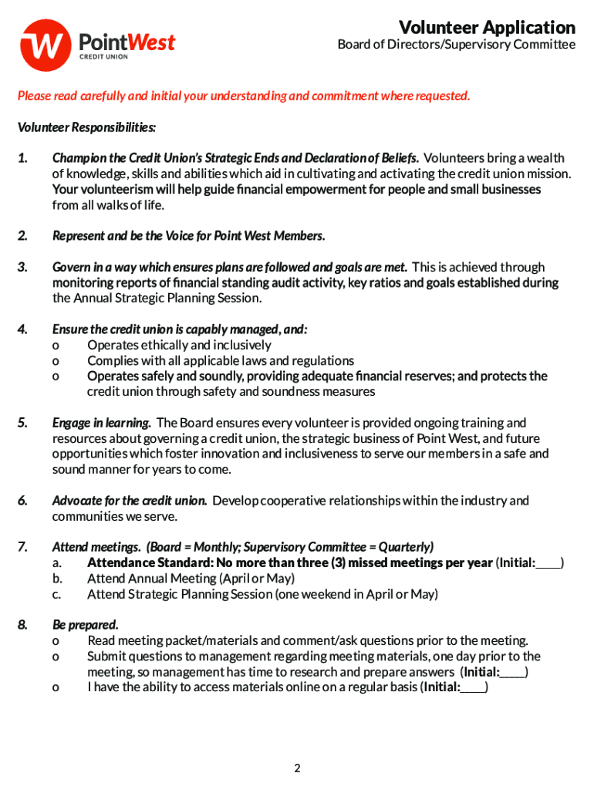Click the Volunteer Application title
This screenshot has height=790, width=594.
pos(487,28)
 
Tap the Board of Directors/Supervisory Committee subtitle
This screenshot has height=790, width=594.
pos(456,45)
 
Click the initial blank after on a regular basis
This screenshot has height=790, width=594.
pos(473,687)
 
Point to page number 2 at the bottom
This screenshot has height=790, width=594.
pos(297,768)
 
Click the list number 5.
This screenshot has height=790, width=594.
pos(23,423)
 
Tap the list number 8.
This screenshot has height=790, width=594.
pos(23,625)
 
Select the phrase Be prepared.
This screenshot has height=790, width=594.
pos(85,625)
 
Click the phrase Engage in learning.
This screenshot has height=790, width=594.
pos(101,423)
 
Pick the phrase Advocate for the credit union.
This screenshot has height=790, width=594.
pos(129,501)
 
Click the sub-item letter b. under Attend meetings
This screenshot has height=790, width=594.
pos(57,579)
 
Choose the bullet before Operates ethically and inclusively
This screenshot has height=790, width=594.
pos(56,346)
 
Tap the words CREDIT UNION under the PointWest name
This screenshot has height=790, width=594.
pos(104,56)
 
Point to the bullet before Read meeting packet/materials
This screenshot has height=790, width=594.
pos(56,641)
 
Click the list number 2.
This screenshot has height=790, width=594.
pos(23,236)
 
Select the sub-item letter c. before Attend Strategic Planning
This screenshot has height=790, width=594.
pos(57,594)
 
